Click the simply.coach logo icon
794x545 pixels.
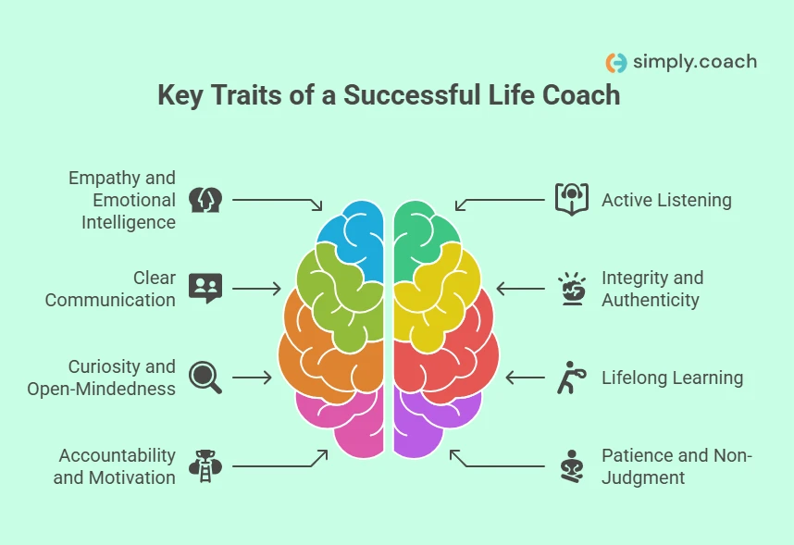pyautogui.click(x=615, y=63)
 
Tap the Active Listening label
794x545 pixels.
pyautogui.click(x=666, y=200)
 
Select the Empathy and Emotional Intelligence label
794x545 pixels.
pyautogui.click(x=121, y=200)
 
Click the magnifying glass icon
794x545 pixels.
pyautogui.click(x=205, y=378)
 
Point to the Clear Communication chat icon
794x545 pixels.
pyautogui.click(x=205, y=289)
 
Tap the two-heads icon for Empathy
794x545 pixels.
pyautogui.click(x=205, y=200)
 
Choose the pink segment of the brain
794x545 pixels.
pyautogui.click(x=347, y=421)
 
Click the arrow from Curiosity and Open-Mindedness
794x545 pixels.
pyautogui.click(x=252, y=378)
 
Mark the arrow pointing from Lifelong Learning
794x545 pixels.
pyautogui.click(x=526, y=378)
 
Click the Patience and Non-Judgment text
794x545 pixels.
pyautogui.click(x=676, y=466)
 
